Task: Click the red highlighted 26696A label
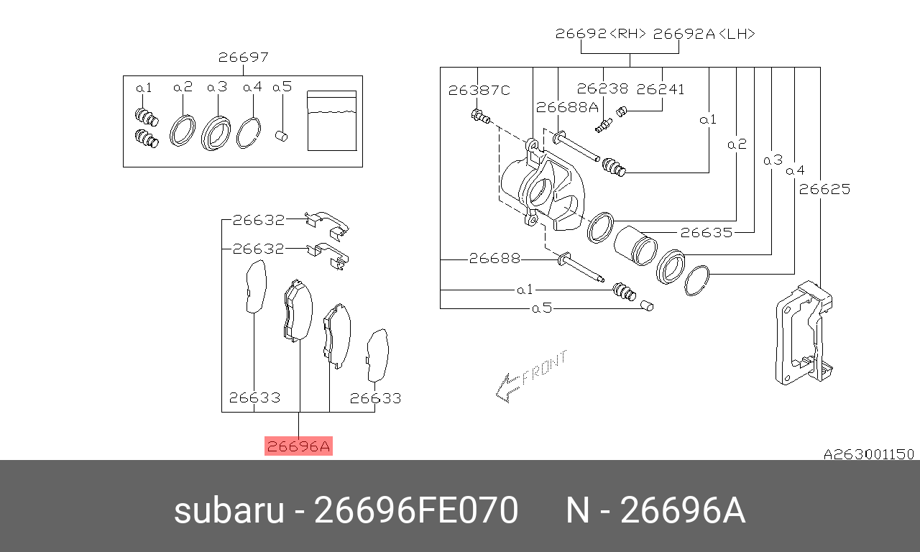pyautogui.click(x=298, y=446)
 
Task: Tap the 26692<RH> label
pyautogui.click(x=601, y=34)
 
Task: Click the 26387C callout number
pyautogui.click(x=479, y=90)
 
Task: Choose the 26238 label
pyautogui.click(x=602, y=89)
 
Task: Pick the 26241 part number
pyautogui.click(x=661, y=89)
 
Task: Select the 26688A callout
pyautogui.click(x=567, y=107)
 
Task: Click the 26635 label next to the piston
pyautogui.click(x=706, y=232)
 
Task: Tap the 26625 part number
pyautogui.click(x=824, y=190)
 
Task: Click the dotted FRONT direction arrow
pyautogui.click(x=530, y=376)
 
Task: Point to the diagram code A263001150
pyautogui.click(x=868, y=454)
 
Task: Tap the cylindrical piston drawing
pyautogui.click(x=634, y=244)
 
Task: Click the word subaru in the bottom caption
pyautogui.click(x=229, y=512)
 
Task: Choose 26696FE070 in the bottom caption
pyautogui.click(x=416, y=512)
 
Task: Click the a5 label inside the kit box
pyautogui.click(x=282, y=88)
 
